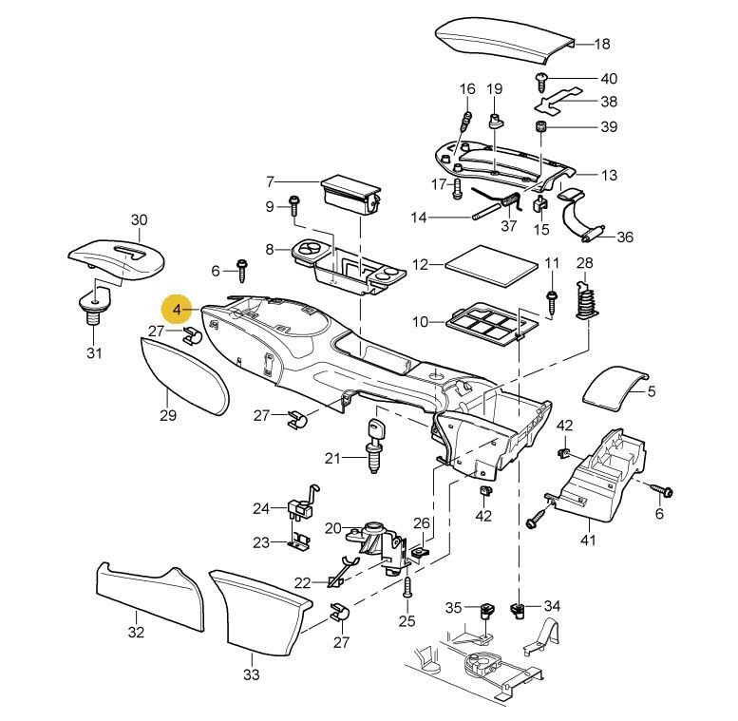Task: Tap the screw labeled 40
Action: (542, 78)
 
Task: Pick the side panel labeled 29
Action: (185, 375)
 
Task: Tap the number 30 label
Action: (139, 220)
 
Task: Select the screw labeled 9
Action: (293, 205)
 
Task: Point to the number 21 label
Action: (331, 459)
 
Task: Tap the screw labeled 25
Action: (407, 590)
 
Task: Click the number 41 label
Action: (588, 541)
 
